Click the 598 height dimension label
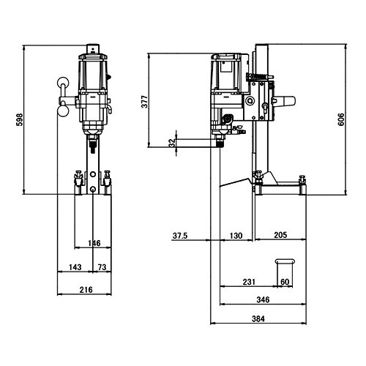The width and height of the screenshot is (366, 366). [x=20, y=119]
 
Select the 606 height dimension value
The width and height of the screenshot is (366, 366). [x=341, y=119]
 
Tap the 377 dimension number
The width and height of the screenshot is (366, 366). [x=145, y=102]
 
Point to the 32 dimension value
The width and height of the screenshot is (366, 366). [x=172, y=143]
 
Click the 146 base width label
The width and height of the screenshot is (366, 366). [x=94, y=243]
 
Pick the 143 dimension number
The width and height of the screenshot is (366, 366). [x=75, y=267]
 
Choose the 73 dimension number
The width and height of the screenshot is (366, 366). [x=102, y=267]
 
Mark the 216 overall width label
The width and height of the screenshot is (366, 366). [x=86, y=290]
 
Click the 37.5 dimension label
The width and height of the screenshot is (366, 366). [x=180, y=236]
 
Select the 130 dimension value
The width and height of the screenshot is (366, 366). [x=236, y=236]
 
